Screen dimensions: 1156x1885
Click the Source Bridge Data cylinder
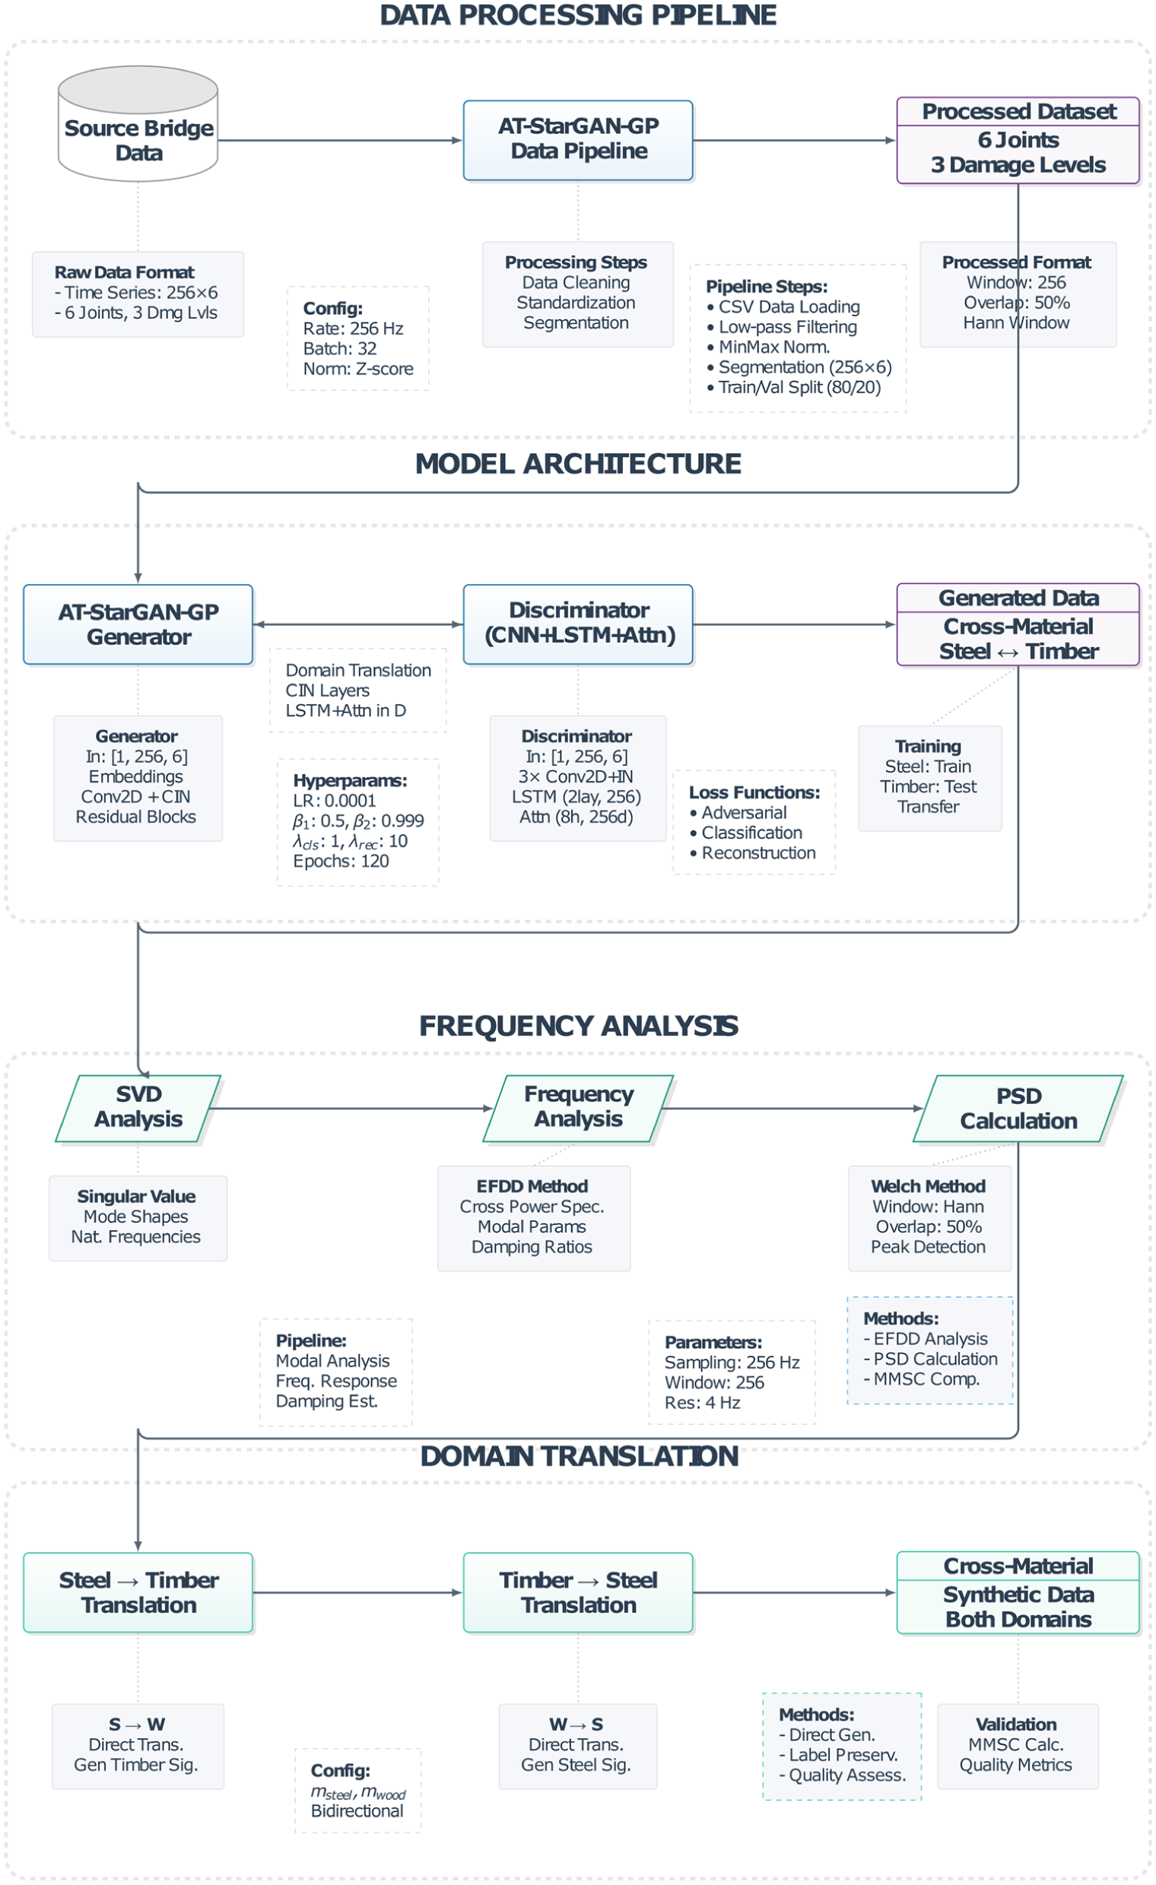[138, 123]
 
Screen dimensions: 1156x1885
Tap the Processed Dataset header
[1018, 112]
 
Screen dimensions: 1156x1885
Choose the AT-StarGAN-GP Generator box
[138, 624]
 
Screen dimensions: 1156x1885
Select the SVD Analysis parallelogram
[138, 1108]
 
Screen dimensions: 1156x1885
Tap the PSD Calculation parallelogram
[1018, 1108]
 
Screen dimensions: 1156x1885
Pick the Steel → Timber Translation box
[138, 1592]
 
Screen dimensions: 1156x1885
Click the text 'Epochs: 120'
[341, 862]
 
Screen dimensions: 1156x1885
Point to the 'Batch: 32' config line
[340, 349]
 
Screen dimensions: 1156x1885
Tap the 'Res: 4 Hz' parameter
[702, 1402]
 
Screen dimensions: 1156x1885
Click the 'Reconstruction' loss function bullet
[753, 853]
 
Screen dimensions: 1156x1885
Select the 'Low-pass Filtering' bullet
[782, 327]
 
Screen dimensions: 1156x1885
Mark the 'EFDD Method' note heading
[532, 1185]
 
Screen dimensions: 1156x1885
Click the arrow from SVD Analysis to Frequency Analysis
[351, 1108]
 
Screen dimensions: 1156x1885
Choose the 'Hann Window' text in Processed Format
[1016, 323]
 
